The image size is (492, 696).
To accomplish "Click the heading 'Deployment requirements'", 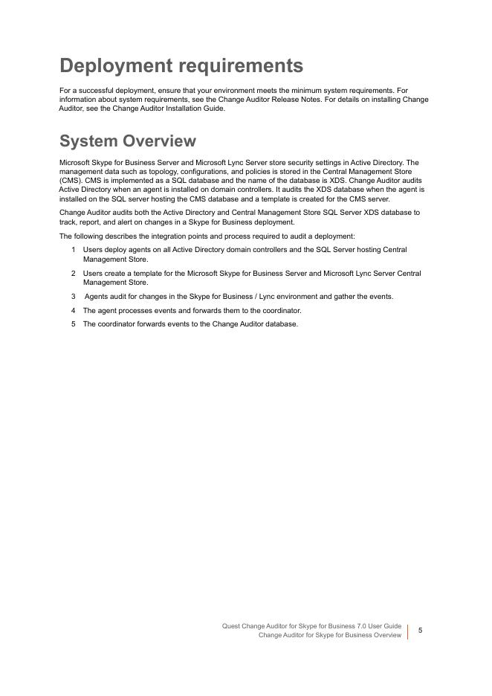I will tap(181, 65).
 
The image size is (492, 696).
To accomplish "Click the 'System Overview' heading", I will tap(127, 141).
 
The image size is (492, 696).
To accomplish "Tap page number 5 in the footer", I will tap(420, 631).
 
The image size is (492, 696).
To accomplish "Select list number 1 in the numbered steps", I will tap(74, 250).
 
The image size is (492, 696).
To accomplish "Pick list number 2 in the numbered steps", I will tap(74, 274).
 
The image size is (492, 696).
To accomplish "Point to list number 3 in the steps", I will tap(74, 297).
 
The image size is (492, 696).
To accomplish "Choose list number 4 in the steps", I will tap(74, 310).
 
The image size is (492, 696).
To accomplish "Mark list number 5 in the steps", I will tap(74, 324).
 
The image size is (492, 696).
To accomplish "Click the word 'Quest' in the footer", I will tap(231, 626).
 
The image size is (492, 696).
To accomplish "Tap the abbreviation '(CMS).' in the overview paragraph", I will tap(71, 181).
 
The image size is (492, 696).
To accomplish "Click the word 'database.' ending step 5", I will tap(282, 324).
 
